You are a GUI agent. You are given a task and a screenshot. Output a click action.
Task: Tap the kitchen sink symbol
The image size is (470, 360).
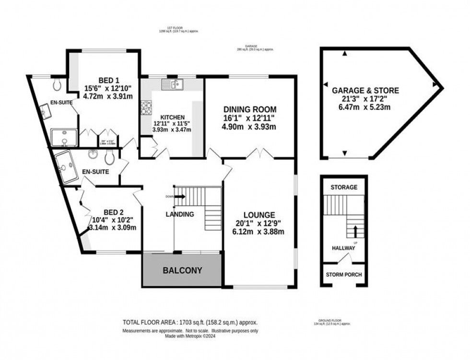[x=171, y=85]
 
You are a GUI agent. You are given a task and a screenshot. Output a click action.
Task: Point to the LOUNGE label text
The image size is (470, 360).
[x=259, y=215]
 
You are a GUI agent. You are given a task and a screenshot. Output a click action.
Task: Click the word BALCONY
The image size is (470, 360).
[x=182, y=270]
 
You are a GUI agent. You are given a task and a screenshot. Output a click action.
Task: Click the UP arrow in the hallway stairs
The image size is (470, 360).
[x=355, y=232]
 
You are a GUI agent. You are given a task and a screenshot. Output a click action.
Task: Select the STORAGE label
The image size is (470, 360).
[x=344, y=187]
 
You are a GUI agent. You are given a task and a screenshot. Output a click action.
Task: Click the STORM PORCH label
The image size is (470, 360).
[x=344, y=275]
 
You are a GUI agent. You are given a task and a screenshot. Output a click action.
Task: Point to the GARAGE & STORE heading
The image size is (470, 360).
[x=365, y=90]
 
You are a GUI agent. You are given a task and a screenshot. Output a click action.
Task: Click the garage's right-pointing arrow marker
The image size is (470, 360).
[x=435, y=85]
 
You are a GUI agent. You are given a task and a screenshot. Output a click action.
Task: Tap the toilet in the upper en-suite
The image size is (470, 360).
[x=58, y=85]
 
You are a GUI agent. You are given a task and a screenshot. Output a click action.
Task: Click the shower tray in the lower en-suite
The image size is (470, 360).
[x=66, y=167]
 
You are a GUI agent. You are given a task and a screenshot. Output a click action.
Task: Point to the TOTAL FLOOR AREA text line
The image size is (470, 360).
[x=190, y=322]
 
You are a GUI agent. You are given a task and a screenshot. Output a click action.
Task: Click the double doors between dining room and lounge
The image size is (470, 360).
[x=259, y=153]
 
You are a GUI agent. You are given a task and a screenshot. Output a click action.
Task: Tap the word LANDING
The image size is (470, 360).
[x=180, y=214]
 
